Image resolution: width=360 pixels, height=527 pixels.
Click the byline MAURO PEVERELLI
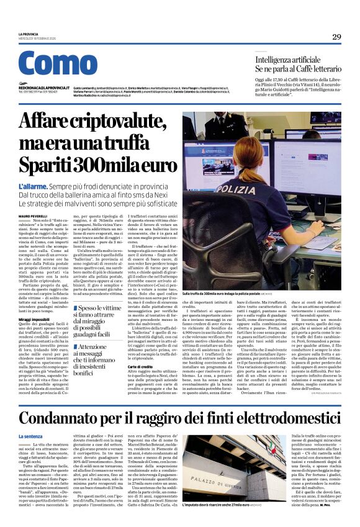[35, 215]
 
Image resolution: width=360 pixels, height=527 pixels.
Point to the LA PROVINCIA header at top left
[28, 34]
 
